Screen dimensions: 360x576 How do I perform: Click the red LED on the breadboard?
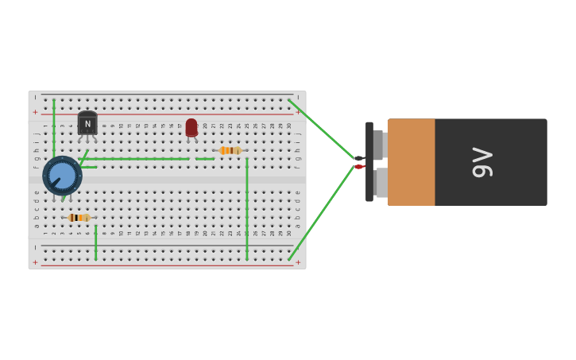pyautogui.click(x=191, y=127)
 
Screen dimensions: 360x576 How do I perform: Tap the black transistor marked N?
pyautogui.click(x=87, y=123)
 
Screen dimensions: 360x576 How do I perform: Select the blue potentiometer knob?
pyautogui.click(x=62, y=175)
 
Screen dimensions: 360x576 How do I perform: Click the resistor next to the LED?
pyautogui.click(x=230, y=150)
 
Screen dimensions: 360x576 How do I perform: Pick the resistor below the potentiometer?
pyautogui.click(x=79, y=218)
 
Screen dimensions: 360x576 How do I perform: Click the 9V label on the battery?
pyautogui.click(x=482, y=162)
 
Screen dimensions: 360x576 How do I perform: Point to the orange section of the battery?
pyautogui.click(x=411, y=162)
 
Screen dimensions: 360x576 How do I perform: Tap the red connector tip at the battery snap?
pyautogui.click(x=359, y=167)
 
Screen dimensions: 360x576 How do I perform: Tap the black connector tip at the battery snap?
pyautogui.click(x=359, y=159)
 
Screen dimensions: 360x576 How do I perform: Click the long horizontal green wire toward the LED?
pyautogui.click(x=135, y=159)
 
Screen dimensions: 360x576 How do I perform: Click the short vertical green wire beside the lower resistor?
pyautogui.click(x=96, y=242)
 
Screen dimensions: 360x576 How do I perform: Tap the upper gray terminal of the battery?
pyautogui.click(x=379, y=145)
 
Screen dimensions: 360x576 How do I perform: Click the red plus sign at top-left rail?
pyautogui.click(x=35, y=112)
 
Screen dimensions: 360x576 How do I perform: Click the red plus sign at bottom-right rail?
pyautogui.click(x=298, y=262)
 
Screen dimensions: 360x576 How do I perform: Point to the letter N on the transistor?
pyautogui.click(x=87, y=124)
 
